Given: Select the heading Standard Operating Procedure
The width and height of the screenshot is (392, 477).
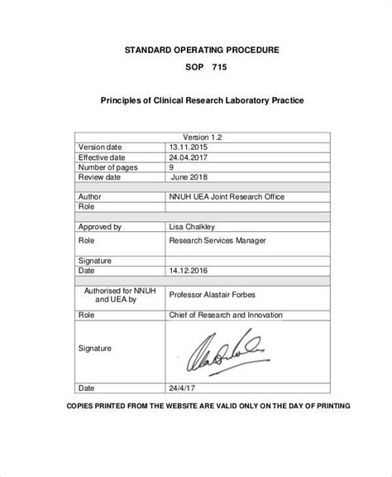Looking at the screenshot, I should tap(202, 50).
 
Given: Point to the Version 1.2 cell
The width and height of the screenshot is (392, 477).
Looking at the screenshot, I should tap(202, 135).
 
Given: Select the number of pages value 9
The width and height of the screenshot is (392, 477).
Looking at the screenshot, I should tap(172, 166).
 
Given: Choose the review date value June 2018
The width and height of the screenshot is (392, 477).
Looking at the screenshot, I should tap(191, 177).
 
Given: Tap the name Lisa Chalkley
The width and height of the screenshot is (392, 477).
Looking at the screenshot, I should tap(193, 226).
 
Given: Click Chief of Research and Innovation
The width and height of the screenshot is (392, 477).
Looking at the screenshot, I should tap(225, 316).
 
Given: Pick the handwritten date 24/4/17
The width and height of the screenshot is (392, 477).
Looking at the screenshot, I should tap(184, 388).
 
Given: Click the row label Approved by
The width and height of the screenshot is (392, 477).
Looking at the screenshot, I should tap(100, 226).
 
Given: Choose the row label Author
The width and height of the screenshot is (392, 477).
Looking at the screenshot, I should tap(90, 198).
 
